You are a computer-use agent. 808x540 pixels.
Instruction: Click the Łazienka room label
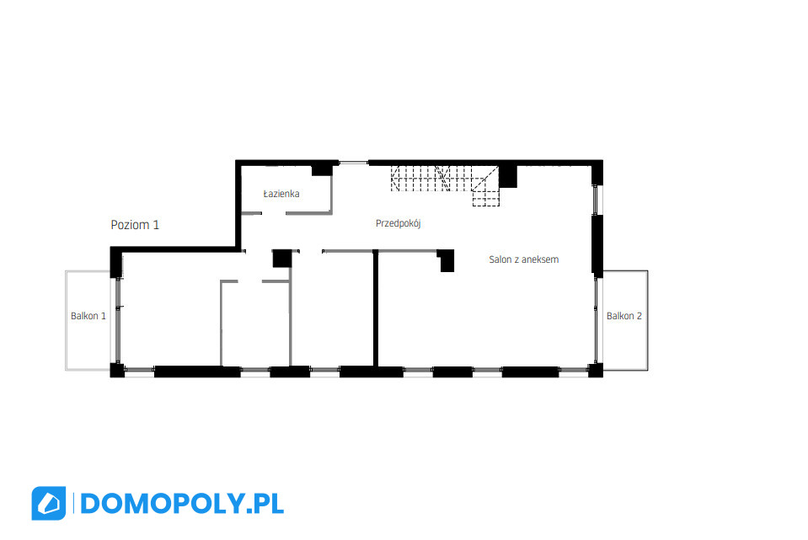[281, 194]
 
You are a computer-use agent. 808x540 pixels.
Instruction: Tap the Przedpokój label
[399, 223]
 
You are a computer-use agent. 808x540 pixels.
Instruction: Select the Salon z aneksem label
[523, 259]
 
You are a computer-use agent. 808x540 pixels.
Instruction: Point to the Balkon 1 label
[88, 316]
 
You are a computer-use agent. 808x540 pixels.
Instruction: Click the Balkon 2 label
[624, 316]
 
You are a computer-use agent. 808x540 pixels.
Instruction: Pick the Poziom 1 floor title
[135, 225]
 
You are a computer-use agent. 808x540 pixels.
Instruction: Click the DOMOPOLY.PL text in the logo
[182, 504]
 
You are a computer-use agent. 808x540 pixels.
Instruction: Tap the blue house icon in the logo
[48, 504]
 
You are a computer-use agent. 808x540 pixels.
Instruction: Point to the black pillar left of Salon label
[447, 260]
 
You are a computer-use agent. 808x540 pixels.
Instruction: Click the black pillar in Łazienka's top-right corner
[322, 169]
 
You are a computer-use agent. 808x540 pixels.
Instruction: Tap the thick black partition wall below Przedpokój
[376, 308]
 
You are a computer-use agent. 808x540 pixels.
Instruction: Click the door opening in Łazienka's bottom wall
[274, 213]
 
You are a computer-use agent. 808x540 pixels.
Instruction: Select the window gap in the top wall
[354, 163]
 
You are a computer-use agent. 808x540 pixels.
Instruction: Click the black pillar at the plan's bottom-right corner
[596, 370]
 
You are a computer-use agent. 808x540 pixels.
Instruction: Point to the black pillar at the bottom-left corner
[117, 370]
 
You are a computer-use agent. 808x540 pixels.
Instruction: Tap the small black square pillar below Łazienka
[282, 259]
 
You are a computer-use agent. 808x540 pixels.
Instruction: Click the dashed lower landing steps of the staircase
[486, 198]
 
